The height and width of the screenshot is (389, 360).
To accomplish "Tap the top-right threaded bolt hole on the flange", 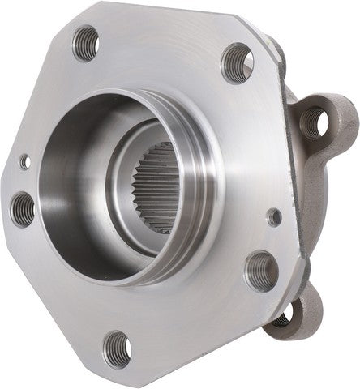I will click(237, 62).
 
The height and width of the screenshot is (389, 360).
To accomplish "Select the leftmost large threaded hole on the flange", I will click(24, 210).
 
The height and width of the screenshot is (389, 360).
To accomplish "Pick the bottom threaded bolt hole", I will click(118, 348).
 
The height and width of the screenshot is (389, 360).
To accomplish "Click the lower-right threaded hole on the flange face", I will click(261, 271).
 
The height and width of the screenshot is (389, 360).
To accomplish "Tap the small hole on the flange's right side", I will click(275, 216).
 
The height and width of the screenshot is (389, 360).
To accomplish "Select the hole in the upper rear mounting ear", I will click(315, 121).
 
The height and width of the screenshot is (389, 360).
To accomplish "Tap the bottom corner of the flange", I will click(122, 381).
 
